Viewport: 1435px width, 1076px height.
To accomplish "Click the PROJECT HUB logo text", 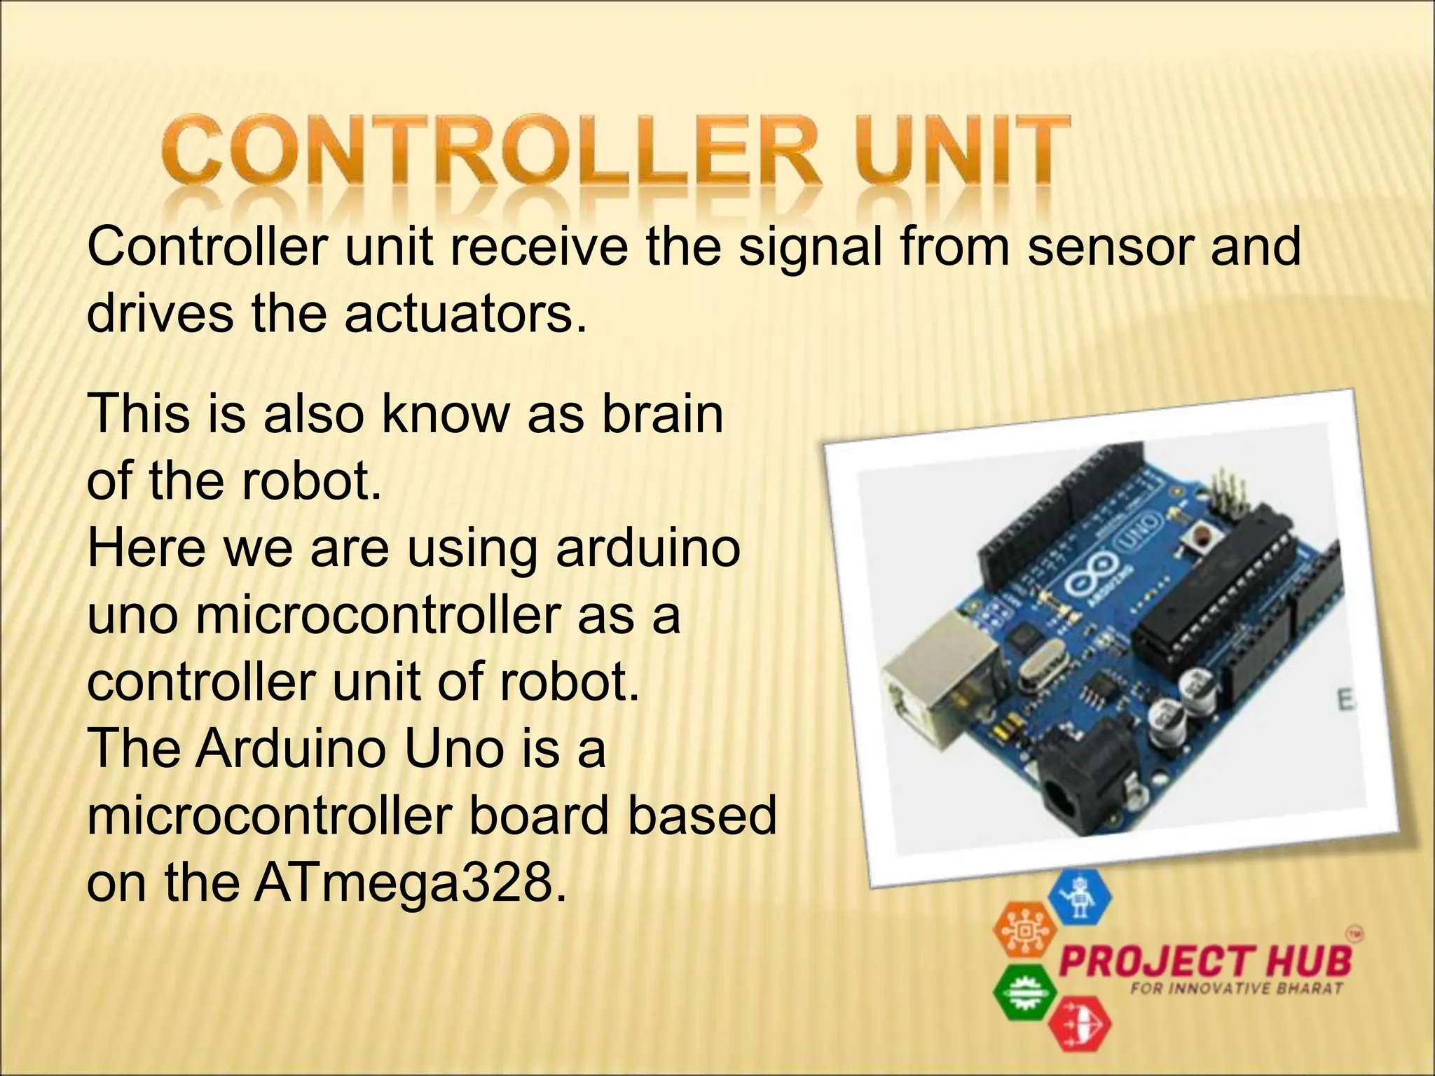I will pos(1205,961).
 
